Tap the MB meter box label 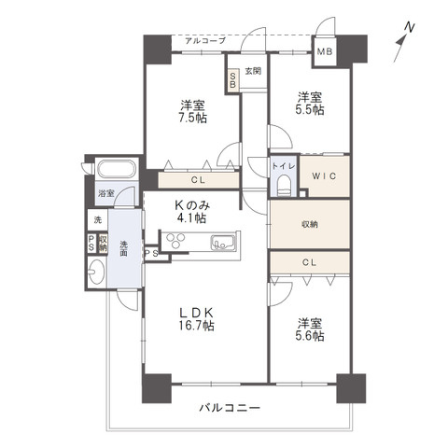tap(325, 51)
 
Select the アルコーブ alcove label tap(205, 41)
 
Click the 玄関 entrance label tap(253, 71)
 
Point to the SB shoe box tap(232, 80)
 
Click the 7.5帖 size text tap(193, 119)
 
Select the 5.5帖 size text tap(310, 110)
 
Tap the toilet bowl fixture tap(284, 186)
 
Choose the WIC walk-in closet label tap(324, 176)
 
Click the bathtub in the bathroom tap(117, 169)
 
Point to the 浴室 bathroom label tap(106, 193)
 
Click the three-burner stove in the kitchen tap(175, 241)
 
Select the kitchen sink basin tap(223, 243)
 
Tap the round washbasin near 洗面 tap(96, 272)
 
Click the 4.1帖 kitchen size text tap(191, 218)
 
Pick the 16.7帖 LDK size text tap(196, 326)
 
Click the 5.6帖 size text tap(310, 336)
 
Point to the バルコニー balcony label tap(230, 408)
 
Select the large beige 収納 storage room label tap(310, 224)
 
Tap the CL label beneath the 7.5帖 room tap(198, 180)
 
